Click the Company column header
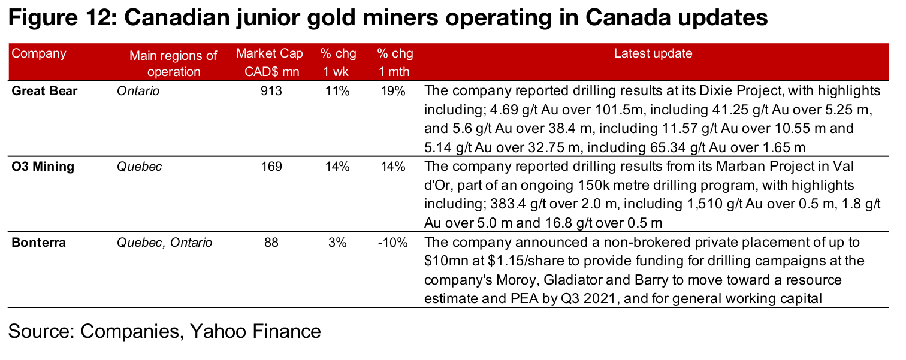pyautogui.click(x=39, y=53)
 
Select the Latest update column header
pyautogui.click(x=653, y=53)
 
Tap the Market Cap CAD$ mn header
pyautogui.click(x=269, y=62)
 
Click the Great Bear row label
pyautogui.click(x=46, y=92)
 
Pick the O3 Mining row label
pyautogui.click(x=43, y=167)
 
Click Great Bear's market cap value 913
pyautogui.click(x=271, y=92)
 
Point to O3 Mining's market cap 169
pyautogui.click(x=271, y=167)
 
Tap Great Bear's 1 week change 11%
pyautogui.click(x=337, y=92)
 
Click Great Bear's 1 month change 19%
pyautogui.click(x=394, y=92)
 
